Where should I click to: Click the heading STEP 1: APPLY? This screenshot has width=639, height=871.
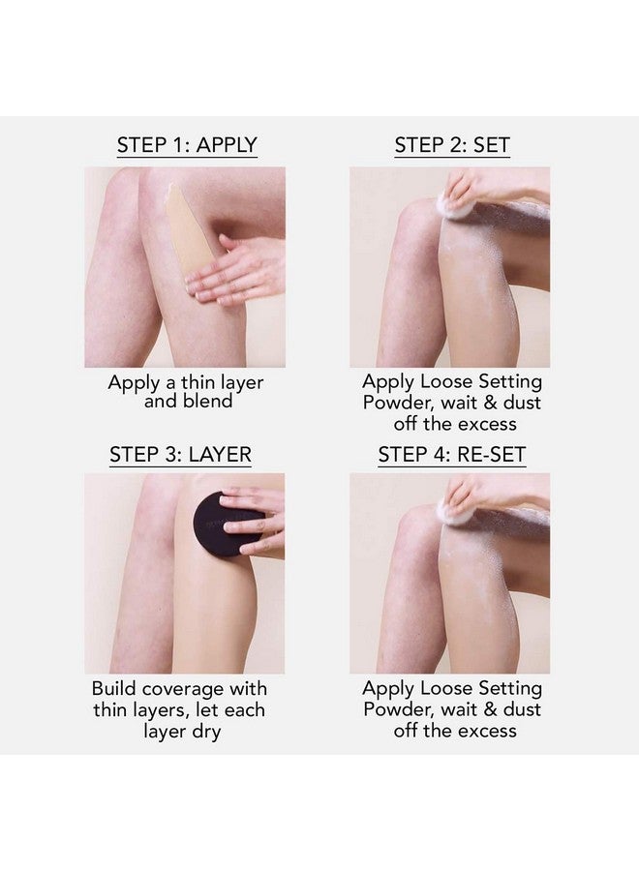pos(187,145)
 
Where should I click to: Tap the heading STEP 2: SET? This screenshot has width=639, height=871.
pos(451,145)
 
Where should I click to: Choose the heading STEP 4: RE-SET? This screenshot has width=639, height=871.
pos(451,454)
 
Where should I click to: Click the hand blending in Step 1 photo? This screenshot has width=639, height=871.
pos(237,271)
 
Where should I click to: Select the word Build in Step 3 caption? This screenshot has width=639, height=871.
pos(115,689)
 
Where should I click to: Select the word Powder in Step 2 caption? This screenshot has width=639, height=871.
pos(394,403)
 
